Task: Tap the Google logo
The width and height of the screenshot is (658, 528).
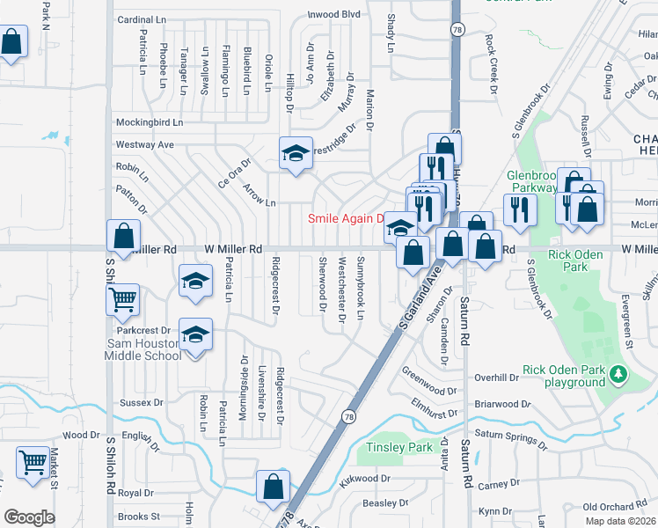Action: coord(29,517)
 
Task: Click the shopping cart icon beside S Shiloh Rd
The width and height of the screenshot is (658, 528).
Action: coord(122,299)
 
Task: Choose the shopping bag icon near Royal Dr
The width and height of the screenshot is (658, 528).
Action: coord(274,485)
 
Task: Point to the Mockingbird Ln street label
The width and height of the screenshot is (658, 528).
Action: coord(150,122)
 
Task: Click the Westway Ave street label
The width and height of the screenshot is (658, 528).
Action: coord(145,144)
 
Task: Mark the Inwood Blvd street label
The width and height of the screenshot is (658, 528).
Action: coord(333,15)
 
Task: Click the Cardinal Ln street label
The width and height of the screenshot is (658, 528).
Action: coord(142,18)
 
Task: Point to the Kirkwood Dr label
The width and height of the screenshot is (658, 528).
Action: coord(364,479)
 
